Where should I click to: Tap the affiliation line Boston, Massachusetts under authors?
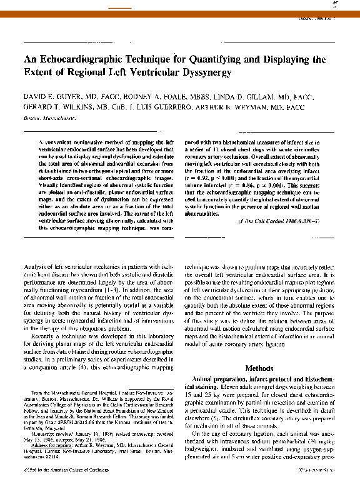click(x=47, y=116)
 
